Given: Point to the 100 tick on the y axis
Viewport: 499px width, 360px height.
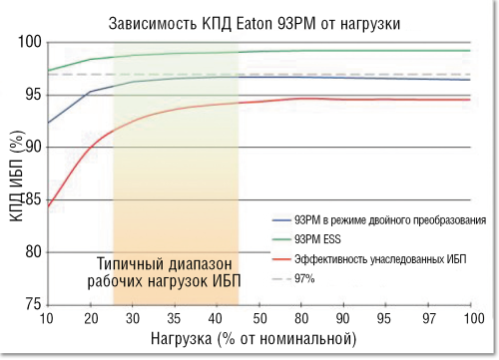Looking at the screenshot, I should click(x=28, y=43).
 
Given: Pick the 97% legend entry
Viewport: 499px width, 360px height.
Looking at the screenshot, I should click(x=305, y=279).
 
